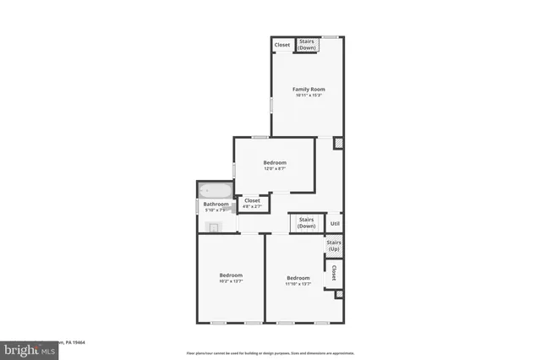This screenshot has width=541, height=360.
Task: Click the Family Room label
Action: (x=309, y=89)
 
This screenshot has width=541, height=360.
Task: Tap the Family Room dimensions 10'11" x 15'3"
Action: (x=309, y=95)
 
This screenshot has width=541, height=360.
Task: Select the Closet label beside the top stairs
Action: (x=282, y=45)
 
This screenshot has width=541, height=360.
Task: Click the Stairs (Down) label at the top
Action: (x=307, y=44)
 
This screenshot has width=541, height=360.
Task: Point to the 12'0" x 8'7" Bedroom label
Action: (x=275, y=162)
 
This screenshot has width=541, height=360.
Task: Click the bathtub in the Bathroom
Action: (x=215, y=192)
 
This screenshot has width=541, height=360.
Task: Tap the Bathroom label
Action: (x=216, y=204)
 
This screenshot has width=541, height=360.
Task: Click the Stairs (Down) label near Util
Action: (x=306, y=222)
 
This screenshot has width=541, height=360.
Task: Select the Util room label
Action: (x=335, y=223)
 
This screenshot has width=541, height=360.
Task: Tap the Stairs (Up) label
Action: (x=334, y=245)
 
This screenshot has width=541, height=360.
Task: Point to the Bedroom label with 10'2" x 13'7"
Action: (x=231, y=275)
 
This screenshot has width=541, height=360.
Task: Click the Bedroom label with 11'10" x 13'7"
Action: (x=298, y=278)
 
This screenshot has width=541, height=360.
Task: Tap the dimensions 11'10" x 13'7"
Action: (x=298, y=284)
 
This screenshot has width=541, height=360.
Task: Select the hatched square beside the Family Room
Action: (x=338, y=144)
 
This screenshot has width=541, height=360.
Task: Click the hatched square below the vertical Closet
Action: (x=339, y=294)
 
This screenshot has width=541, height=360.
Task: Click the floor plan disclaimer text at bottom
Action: (x=270, y=352)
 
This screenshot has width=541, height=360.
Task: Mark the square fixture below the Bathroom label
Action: (x=214, y=226)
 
